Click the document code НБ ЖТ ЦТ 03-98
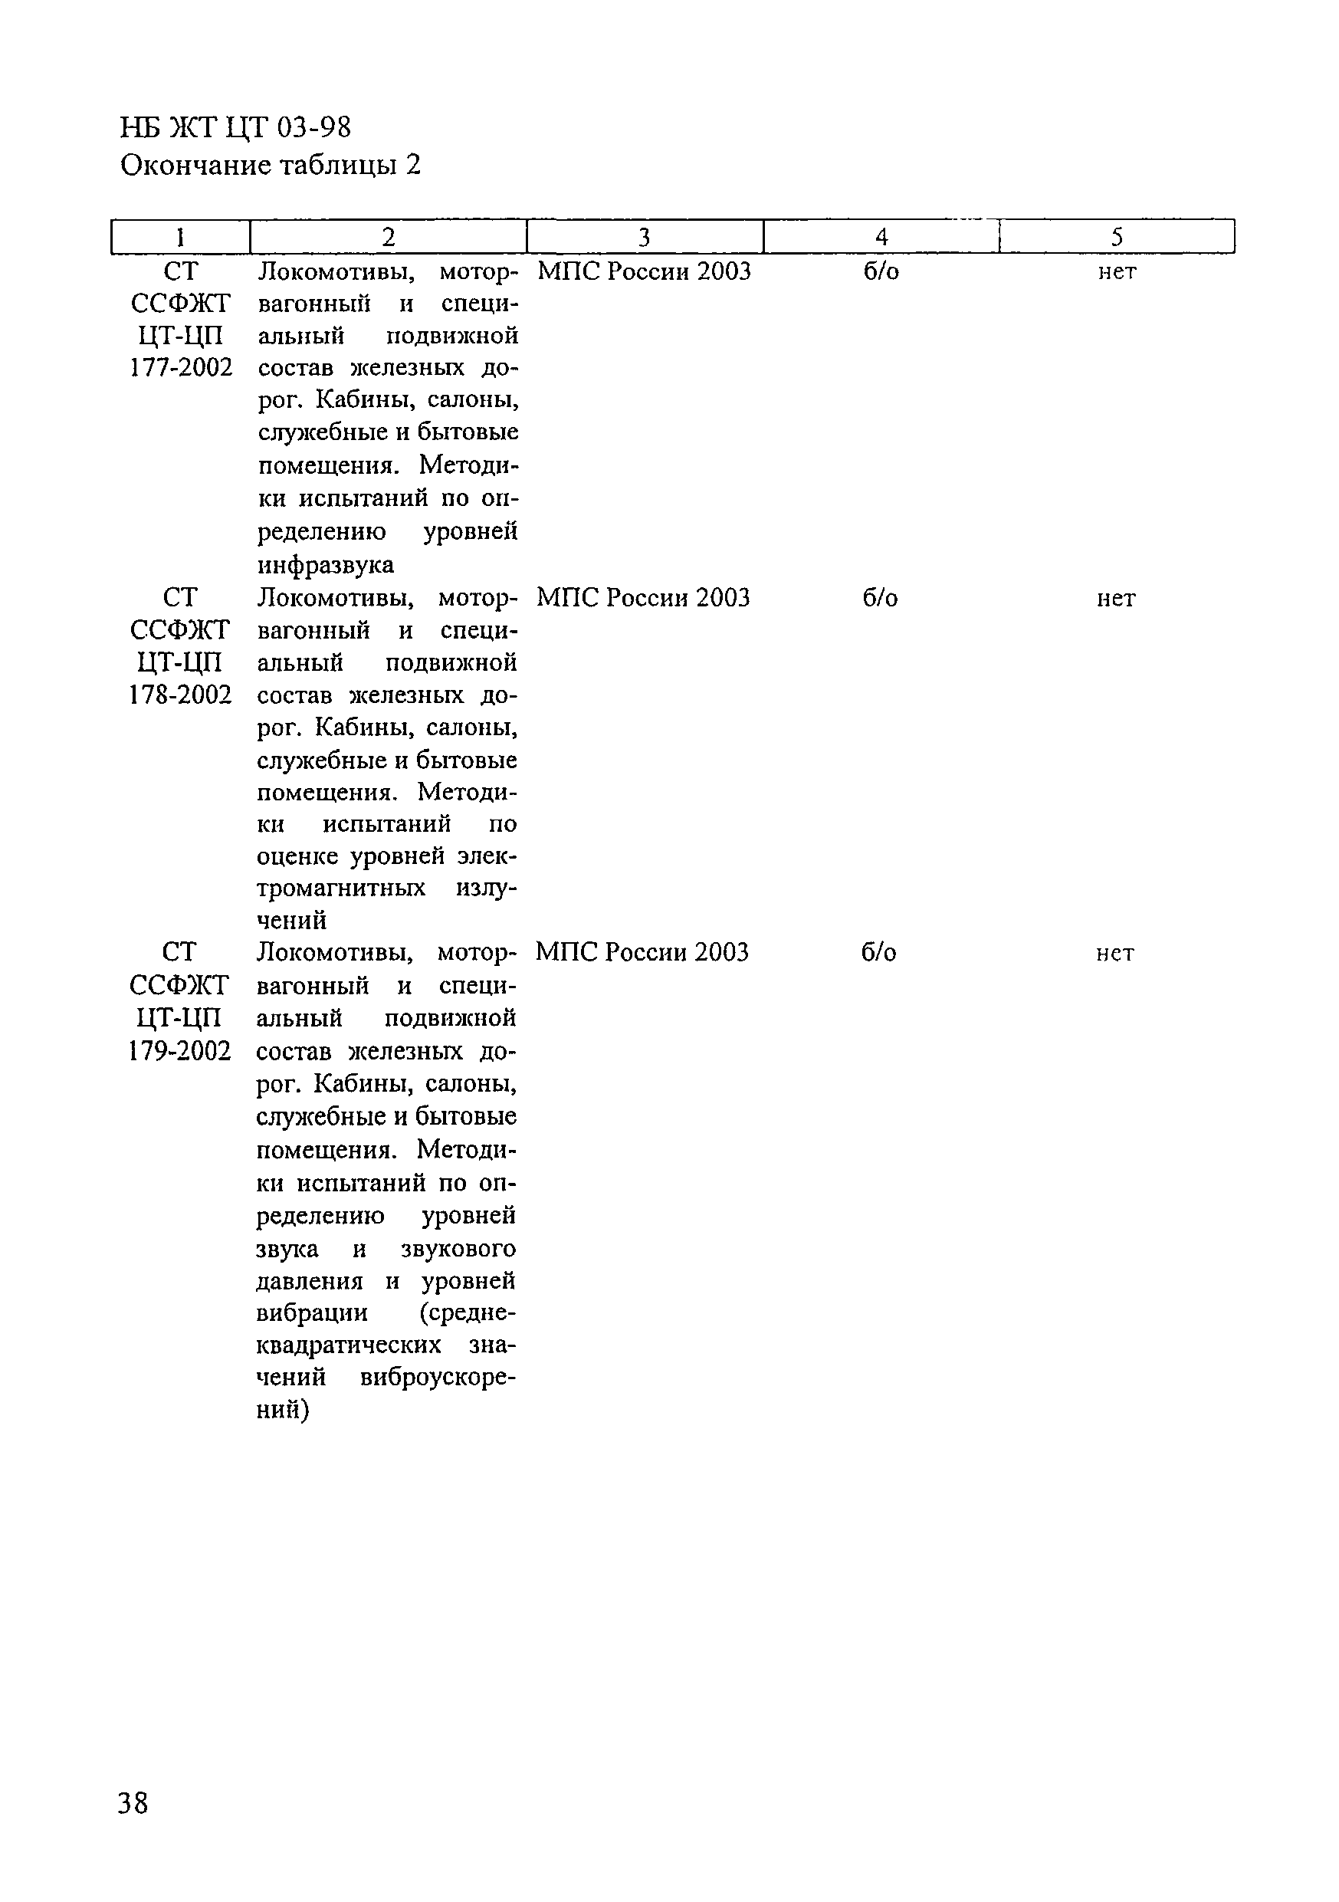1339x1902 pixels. click(235, 127)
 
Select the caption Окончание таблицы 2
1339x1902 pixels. click(270, 166)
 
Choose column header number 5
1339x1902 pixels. click(1116, 238)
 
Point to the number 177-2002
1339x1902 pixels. click(181, 368)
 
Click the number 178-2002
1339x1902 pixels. click(179, 695)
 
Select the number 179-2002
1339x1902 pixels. click(179, 1051)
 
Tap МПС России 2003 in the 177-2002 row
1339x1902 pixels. click(645, 271)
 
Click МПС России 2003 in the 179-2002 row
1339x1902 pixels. click(642, 953)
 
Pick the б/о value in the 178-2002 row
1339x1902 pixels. click(880, 598)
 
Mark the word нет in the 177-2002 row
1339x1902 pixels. click(1117, 271)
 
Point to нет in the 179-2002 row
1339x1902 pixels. click(1114, 954)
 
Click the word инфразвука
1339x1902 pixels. click(326, 566)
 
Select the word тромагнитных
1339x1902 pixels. click(341, 888)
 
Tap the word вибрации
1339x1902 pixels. click(312, 1314)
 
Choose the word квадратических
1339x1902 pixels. click(349, 1346)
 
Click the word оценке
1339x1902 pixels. click(299, 856)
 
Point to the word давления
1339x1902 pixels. click(310, 1282)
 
